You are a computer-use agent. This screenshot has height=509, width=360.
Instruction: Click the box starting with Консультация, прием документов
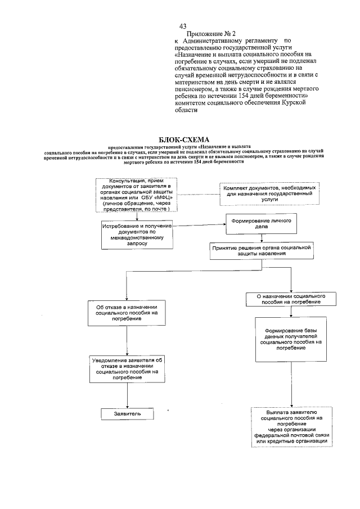pos(137,195)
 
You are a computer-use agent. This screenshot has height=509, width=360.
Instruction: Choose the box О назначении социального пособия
pos(287,299)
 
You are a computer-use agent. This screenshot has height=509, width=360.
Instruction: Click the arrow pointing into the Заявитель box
pos(127,403)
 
